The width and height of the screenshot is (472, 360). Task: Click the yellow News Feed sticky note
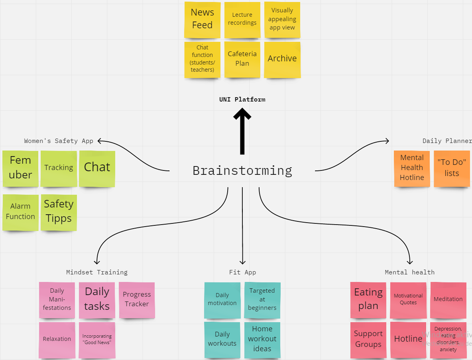point(202,19)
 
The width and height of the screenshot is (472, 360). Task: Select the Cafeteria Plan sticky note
point(242,59)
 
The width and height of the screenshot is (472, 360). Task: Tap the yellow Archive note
point(282,59)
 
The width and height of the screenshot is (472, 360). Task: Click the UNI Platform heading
point(242,100)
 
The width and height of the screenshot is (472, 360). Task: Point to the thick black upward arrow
point(242,131)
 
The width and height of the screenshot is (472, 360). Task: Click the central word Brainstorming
point(242,170)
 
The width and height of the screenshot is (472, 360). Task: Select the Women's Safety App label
point(59,141)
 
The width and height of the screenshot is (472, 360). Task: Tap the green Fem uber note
point(20,168)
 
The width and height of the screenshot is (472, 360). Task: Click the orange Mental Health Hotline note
point(412,168)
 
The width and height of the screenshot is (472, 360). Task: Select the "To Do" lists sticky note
point(452,168)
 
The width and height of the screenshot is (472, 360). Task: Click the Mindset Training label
point(97,272)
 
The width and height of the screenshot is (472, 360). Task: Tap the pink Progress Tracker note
point(137,299)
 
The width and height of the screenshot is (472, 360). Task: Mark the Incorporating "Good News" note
point(97,339)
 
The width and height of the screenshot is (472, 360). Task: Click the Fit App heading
point(242,272)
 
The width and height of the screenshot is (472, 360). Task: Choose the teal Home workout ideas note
point(262,339)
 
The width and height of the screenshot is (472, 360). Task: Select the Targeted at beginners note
point(262,299)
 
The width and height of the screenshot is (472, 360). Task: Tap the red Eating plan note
point(368,299)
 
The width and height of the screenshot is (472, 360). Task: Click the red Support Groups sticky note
point(368,339)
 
